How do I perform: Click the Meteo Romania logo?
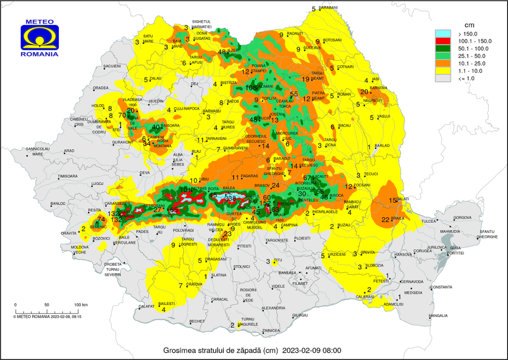point(40,38)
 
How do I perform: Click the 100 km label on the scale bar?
point(80,304)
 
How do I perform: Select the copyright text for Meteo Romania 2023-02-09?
point(47,316)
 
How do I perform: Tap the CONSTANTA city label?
point(442,287)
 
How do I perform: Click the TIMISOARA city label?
point(67,176)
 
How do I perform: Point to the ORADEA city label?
point(101,88)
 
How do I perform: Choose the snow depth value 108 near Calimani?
point(251,88)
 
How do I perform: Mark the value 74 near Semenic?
point(101,219)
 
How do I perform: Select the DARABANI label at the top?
point(328,8)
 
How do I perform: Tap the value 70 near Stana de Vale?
point(122,116)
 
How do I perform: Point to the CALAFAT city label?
point(146,306)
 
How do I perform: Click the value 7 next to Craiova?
point(181,285)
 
